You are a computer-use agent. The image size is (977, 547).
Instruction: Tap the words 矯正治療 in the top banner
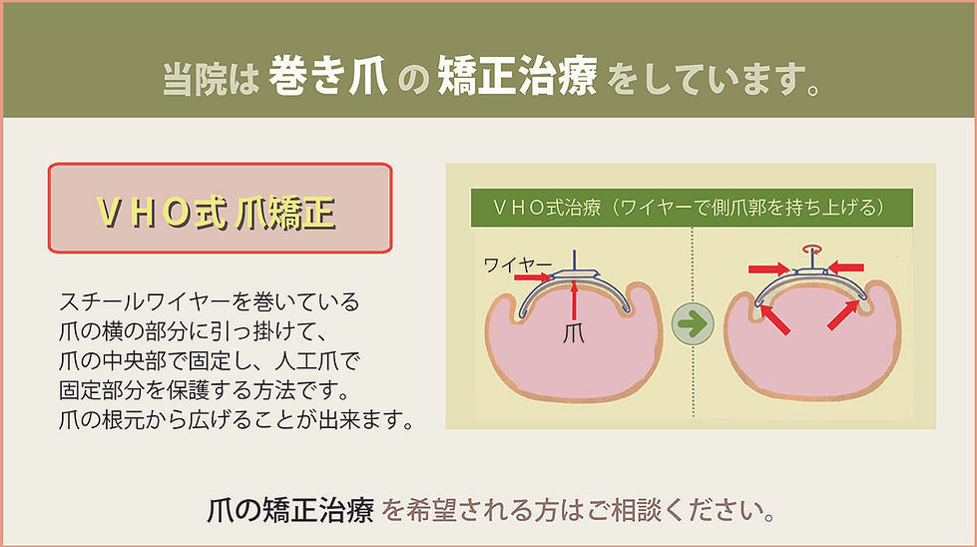click(x=517, y=79)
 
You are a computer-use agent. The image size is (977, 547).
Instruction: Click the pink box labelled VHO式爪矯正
click(x=220, y=209)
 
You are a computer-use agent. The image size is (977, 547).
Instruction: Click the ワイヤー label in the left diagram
click(x=518, y=265)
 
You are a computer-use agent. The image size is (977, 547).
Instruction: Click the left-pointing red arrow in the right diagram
click(x=846, y=267)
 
